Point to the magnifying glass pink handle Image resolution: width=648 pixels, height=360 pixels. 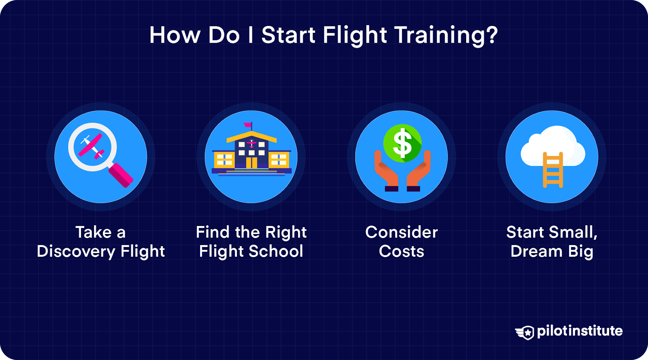click(x=121, y=175)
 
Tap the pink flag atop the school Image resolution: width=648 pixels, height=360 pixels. click(x=248, y=125)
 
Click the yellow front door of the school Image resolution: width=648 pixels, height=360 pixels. click(x=252, y=162)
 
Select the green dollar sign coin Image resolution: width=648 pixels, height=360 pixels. click(x=402, y=143)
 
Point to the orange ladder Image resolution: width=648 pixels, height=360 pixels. click(x=553, y=170)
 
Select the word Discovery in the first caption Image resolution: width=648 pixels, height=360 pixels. click(x=76, y=251)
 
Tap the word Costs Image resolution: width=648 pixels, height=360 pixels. click(x=401, y=251)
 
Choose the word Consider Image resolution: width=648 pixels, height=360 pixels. click(x=401, y=232)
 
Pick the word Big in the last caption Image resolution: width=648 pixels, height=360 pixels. click(x=580, y=252)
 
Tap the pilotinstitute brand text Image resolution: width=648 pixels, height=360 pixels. click(x=580, y=331)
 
